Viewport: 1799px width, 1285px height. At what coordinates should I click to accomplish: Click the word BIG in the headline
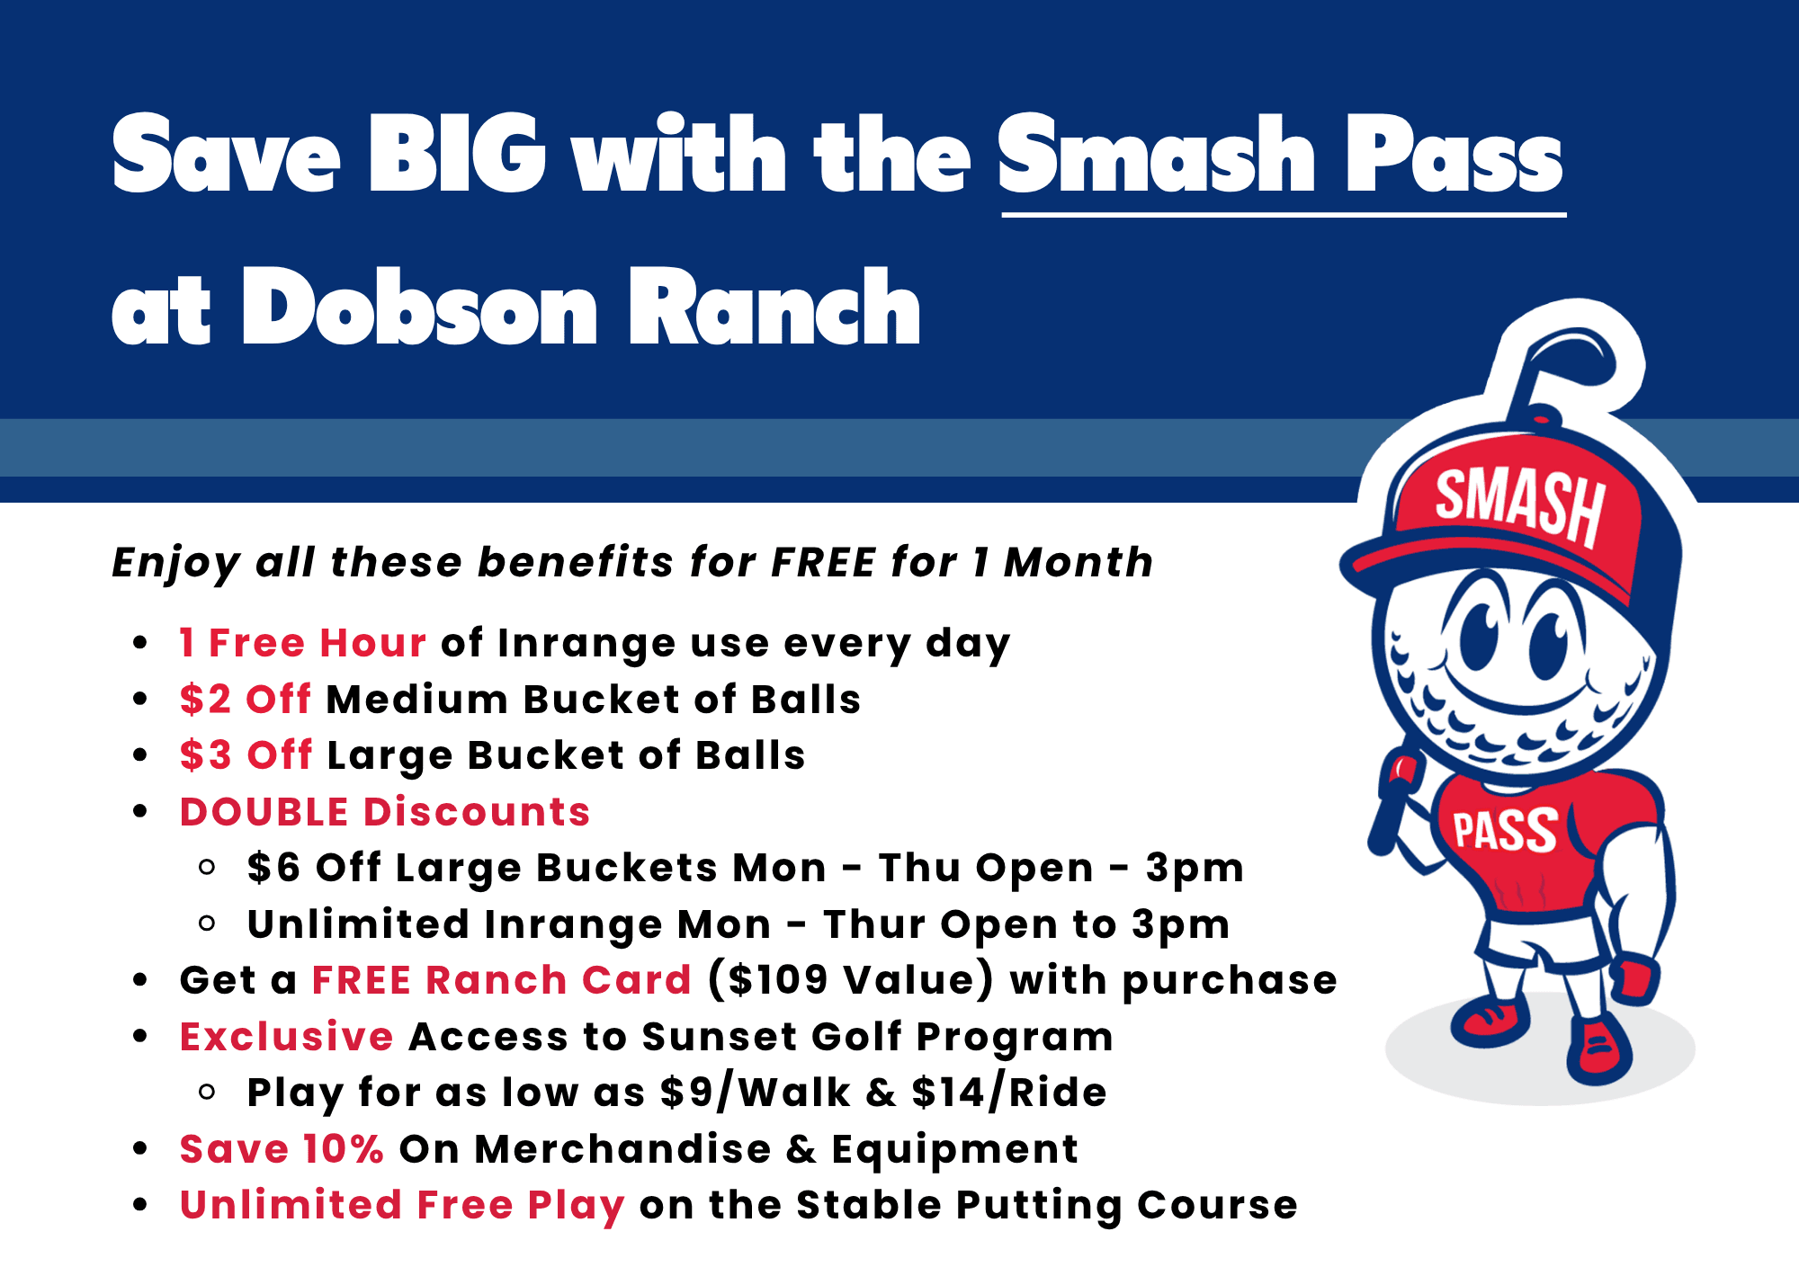[x=457, y=155]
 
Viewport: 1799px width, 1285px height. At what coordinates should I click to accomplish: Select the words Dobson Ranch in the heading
[x=581, y=308]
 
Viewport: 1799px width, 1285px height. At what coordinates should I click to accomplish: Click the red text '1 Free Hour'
[x=302, y=644]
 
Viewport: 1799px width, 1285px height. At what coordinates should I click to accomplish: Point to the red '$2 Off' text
[x=245, y=700]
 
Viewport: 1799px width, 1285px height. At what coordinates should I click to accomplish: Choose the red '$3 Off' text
[x=246, y=755]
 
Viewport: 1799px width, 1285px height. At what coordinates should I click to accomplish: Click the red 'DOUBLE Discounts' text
[x=384, y=812]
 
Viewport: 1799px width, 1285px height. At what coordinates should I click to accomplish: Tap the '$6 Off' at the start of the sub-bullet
[x=314, y=868]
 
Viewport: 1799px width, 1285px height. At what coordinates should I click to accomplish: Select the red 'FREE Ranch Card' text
[x=501, y=980]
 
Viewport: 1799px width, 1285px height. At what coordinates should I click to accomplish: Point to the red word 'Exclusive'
[x=286, y=1037]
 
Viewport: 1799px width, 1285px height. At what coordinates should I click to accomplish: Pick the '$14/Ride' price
[x=1008, y=1093]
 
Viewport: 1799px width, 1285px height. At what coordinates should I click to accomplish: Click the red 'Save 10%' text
[x=282, y=1149]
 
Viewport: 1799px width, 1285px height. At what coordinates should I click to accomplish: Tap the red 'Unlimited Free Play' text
[x=401, y=1205]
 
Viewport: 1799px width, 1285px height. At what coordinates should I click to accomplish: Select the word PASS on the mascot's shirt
[x=1505, y=830]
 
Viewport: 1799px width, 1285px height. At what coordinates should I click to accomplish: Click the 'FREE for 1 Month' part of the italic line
[x=962, y=563]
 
